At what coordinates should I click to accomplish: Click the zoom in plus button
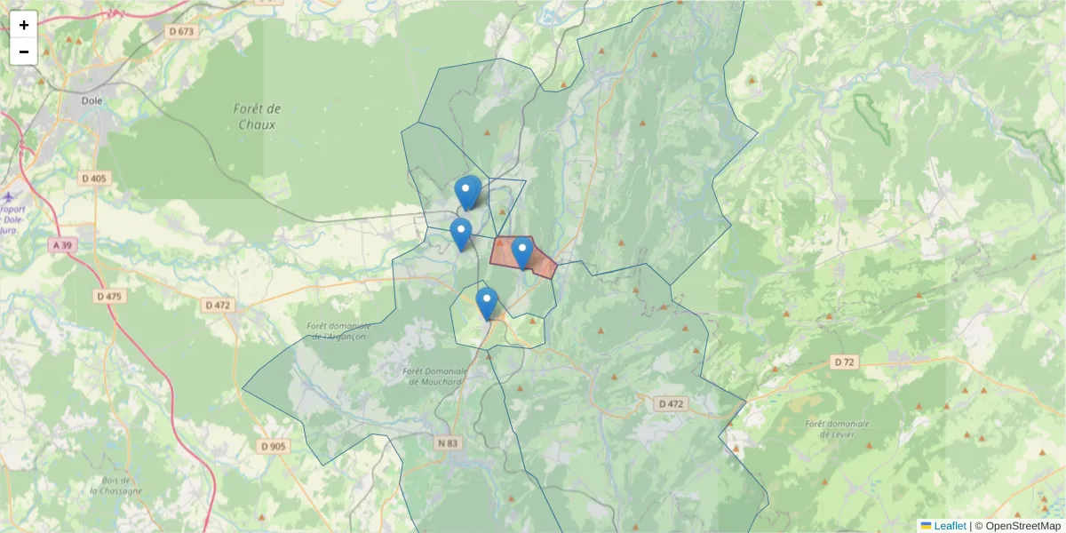(x=24, y=25)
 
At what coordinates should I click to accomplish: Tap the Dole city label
(x=91, y=100)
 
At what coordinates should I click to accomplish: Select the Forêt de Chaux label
(x=258, y=116)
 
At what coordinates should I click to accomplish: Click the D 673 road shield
(x=179, y=31)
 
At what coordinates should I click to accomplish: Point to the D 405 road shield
(x=93, y=179)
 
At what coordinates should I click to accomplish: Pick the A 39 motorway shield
(x=61, y=244)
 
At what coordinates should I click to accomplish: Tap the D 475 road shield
(x=108, y=296)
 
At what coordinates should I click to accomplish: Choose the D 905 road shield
(x=273, y=446)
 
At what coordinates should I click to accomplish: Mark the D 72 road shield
(x=844, y=362)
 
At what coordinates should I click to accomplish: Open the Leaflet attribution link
(x=949, y=526)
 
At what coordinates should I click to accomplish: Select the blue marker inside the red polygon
(x=522, y=252)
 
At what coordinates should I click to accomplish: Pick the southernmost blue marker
(x=486, y=303)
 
